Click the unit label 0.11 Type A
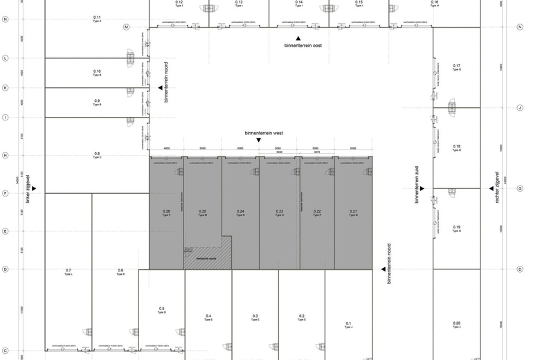(96, 19)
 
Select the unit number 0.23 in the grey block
(280, 213)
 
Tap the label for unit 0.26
(166, 213)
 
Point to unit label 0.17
(457, 68)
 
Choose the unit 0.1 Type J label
(349, 325)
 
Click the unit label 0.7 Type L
(69, 271)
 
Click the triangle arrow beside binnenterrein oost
(298, 38)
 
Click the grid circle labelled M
(127, 27)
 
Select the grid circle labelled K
(5, 88)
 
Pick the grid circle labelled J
(519, 108)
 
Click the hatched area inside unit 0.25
(201, 257)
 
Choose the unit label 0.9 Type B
(97, 102)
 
